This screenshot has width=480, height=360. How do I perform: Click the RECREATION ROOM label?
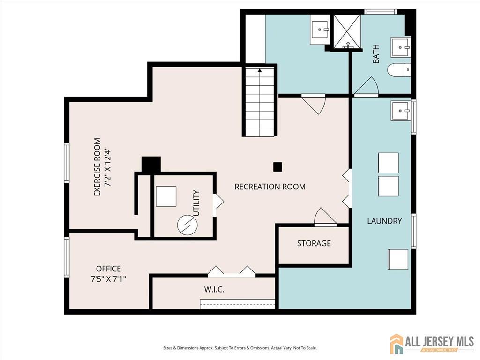click(x=270, y=187)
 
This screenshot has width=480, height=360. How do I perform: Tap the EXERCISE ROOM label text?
click(x=97, y=167)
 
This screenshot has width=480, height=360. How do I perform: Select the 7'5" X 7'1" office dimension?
click(x=108, y=279)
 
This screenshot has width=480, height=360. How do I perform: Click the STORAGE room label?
click(x=314, y=243)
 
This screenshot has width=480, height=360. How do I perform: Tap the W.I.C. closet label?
click(x=214, y=289)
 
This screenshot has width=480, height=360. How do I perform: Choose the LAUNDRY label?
click(x=384, y=221)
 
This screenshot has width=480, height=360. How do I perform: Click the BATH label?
click(x=376, y=54)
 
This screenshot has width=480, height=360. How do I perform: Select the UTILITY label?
click(x=196, y=203)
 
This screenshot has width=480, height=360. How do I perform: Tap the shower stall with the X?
click(x=346, y=31)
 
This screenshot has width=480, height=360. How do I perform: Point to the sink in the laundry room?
click(x=400, y=111)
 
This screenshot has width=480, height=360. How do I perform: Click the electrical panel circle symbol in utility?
click(x=187, y=225)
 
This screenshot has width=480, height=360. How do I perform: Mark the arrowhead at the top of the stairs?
click(x=260, y=71)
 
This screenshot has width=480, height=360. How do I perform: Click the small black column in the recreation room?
click(x=277, y=167)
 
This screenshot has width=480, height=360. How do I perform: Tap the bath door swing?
click(x=367, y=87)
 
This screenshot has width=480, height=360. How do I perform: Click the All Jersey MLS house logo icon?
click(x=397, y=344)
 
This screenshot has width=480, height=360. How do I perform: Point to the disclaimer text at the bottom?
click(x=240, y=348)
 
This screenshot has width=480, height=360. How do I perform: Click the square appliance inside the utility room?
click(x=166, y=196)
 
